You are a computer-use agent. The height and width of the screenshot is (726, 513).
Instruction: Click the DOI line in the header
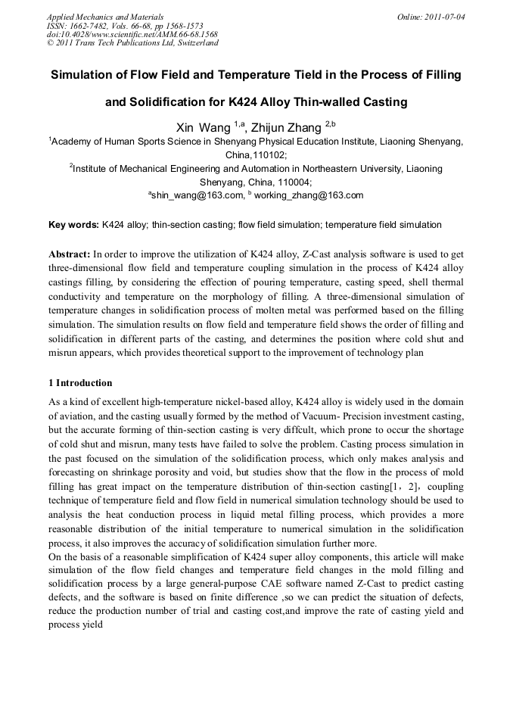pyautogui.click(x=132, y=34)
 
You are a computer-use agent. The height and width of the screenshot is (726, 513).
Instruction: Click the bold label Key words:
pyautogui.click(x=73, y=225)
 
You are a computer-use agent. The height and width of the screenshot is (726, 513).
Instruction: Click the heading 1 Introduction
pyautogui.click(x=80, y=383)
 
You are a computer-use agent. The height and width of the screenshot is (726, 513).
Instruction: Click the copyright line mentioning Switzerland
pyautogui.click(x=132, y=43)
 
